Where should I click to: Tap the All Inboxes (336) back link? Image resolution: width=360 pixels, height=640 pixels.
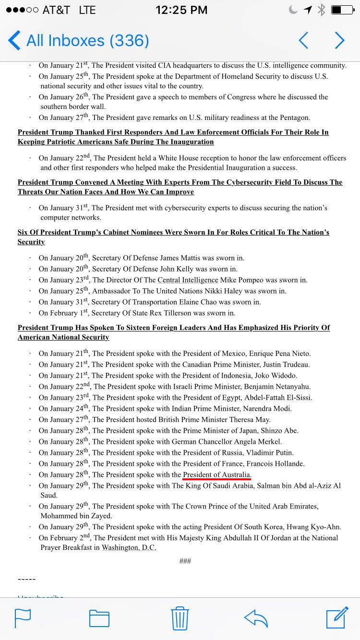(79, 41)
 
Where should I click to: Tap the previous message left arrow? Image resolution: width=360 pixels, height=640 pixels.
(303, 41)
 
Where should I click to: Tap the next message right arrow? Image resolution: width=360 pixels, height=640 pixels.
(339, 41)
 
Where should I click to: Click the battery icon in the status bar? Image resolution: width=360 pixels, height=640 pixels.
(342, 10)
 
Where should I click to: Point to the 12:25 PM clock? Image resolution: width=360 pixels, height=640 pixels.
(181, 10)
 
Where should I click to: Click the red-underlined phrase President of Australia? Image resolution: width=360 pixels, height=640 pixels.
(217, 474)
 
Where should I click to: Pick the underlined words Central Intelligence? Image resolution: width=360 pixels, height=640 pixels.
(188, 280)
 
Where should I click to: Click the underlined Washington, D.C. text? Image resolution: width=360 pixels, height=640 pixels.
(129, 547)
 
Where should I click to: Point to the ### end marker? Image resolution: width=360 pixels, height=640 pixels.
(185, 561)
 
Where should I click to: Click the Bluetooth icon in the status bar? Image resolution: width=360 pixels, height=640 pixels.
(322, 10)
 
